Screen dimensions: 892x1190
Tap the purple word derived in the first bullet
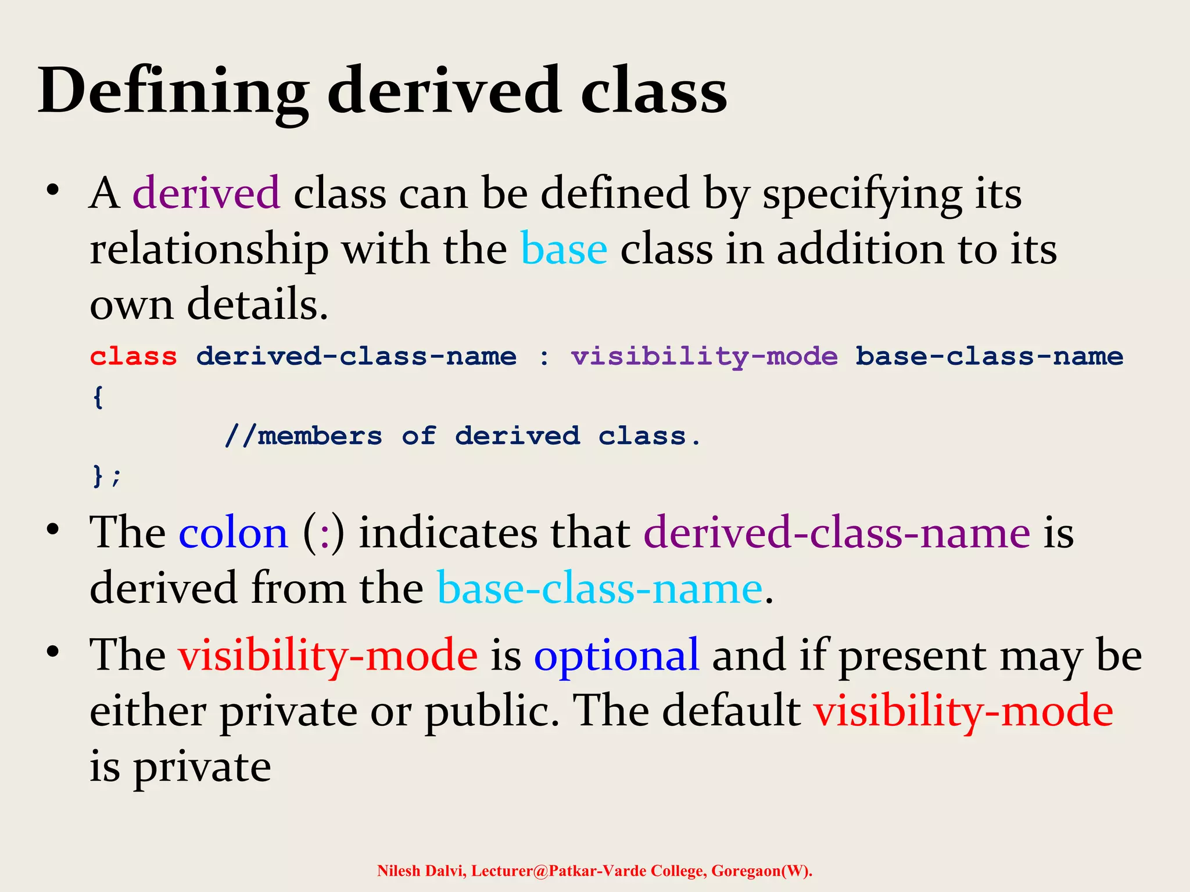tap(206, 193)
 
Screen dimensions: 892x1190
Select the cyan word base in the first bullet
tap(564, 249)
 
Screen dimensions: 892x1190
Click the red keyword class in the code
tap(134, 357)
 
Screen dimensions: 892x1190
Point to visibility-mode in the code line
tap(704, 357)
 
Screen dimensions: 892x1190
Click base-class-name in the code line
tap(989, 357)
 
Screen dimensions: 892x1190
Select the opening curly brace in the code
tap(98, 397)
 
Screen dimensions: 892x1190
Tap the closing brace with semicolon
tap(106, 476)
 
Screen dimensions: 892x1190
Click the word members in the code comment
tap(320, 436)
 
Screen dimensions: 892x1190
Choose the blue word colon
tap(233, 533)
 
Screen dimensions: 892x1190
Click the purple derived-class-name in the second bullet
tap(837, 533)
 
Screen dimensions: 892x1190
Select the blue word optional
tap(616, 655)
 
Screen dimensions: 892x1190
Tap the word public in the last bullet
tap(491, 711)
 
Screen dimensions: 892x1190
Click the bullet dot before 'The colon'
tap(53, 530)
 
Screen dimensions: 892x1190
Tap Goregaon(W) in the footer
tap(761, 871)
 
